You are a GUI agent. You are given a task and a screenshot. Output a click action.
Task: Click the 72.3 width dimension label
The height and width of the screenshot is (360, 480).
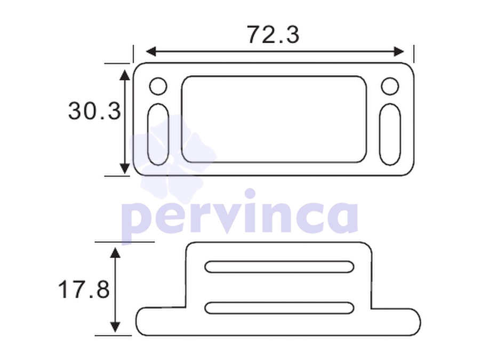click(273, 34)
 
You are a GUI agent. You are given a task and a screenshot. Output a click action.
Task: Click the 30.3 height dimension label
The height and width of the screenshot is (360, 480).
click(94, 110)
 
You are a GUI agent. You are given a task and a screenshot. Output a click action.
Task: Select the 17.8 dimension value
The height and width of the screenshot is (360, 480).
click(84, 289)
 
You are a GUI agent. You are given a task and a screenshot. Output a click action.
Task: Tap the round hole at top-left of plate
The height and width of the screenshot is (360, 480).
click(158, 86)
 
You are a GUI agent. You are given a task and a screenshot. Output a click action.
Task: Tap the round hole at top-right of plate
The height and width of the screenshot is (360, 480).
click(390, 86)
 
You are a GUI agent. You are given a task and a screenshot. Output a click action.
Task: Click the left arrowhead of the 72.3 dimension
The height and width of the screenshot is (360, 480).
click(151, 52)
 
